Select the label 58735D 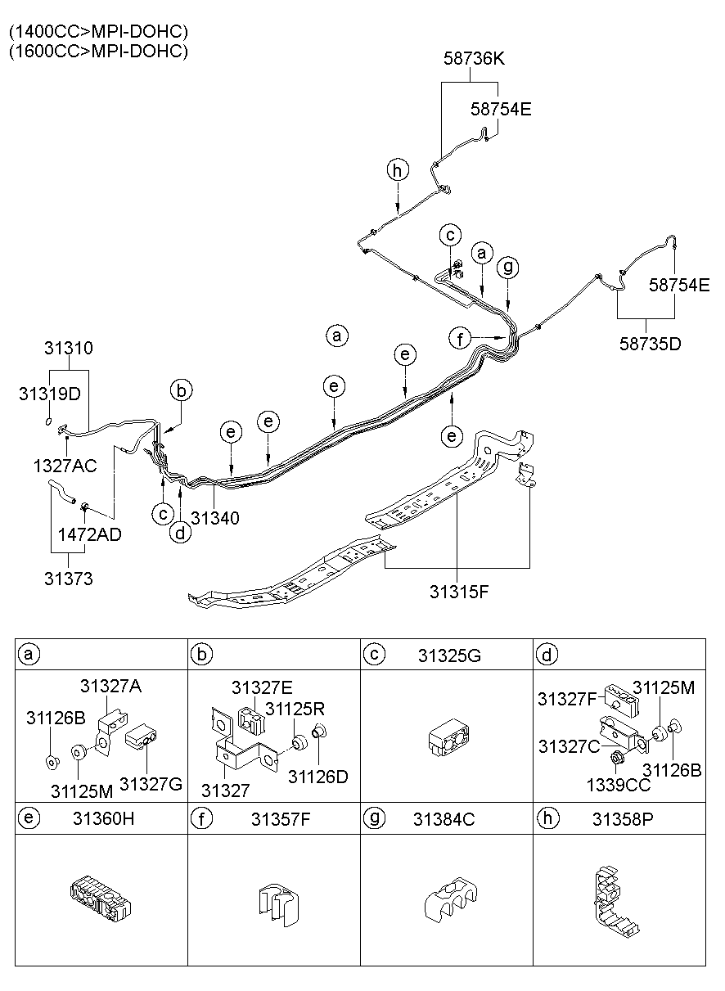coord(652,343)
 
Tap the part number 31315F coord(459,591)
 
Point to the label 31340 coord(215,517)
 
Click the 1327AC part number coord(65,466)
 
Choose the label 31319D coord(50,394)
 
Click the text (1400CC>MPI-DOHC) coord(98,32)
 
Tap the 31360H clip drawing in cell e coord(99,899)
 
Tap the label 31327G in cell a coord(151,783)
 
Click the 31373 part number coord(69,579)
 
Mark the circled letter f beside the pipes coord(461,336)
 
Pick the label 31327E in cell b coord(261,687)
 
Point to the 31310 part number coord(69,348)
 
